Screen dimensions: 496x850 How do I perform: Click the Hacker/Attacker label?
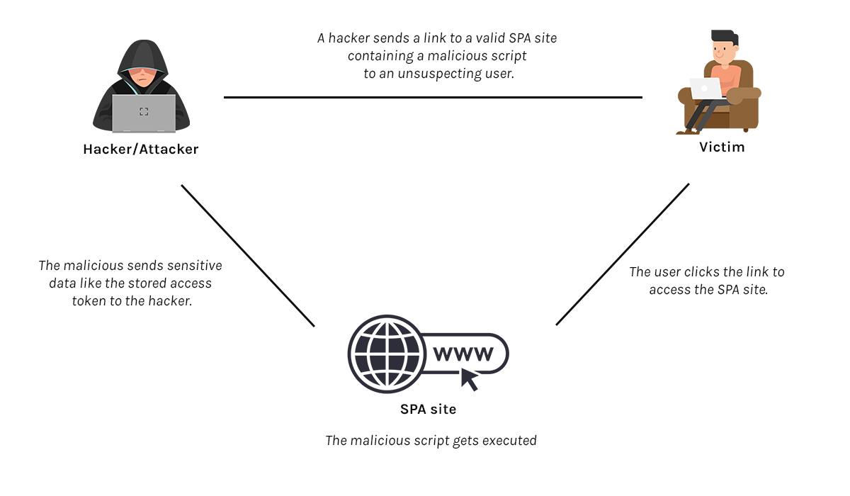141,150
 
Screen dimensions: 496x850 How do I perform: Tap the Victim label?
722,147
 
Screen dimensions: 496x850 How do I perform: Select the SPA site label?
428,409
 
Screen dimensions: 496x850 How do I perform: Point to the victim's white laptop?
705,89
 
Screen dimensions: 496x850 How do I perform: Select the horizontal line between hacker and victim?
433,98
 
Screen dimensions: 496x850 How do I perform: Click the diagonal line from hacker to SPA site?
248,256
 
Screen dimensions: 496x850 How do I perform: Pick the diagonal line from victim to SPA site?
623,254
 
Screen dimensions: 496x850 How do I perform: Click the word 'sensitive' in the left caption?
194,266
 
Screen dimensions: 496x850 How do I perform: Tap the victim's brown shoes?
684,131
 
